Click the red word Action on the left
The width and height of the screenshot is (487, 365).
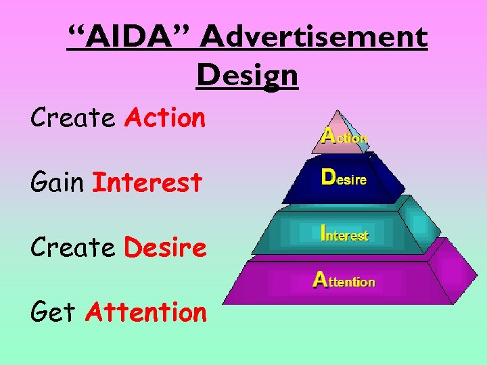tap(164, 118)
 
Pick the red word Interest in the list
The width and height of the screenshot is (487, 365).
tap(147, 182)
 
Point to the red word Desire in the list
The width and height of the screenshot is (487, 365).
tap(165, 247)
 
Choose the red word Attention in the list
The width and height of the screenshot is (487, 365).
tap(145, 312)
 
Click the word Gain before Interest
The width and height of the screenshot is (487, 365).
tap(57, 182)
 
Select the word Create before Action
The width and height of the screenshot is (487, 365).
tap(73, 118)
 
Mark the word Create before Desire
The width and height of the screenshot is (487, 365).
tap(73, 247)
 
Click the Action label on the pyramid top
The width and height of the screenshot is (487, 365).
tap(344, 137)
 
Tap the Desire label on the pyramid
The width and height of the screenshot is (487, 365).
tap(344, 179)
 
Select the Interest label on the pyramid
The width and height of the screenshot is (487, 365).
tap(344, 234)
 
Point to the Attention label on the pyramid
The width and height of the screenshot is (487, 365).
tap(344, 279)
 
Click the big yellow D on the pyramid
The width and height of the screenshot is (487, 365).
tap(327, 177)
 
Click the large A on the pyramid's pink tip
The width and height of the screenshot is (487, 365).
tap(329, 135)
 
